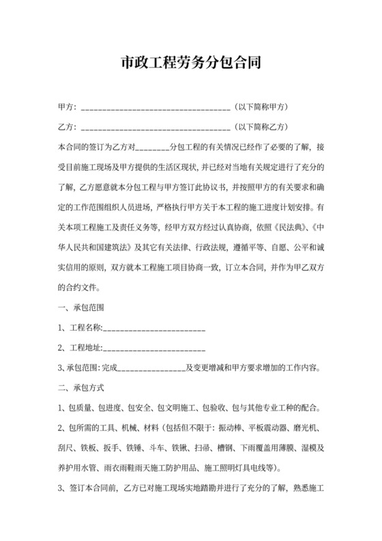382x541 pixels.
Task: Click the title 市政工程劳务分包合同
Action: click(x=191, y=65)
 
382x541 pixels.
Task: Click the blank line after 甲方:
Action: click(x=155, y=108)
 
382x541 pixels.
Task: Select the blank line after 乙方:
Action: click(x=155, y=127)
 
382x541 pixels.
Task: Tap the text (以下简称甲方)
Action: click(x=263, y=107)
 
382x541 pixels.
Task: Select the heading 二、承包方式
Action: click(x=81, y=388)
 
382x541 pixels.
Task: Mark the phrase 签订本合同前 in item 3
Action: click(x=91, y=488)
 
